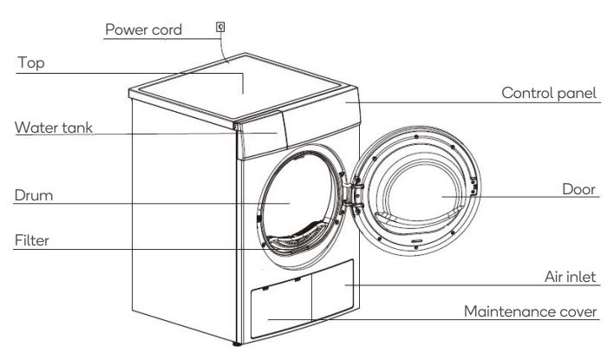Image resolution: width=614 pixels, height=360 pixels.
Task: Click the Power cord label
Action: tap(143, 29)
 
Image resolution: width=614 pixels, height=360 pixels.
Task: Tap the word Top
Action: tap(30, 63)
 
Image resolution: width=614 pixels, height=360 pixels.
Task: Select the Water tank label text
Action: tap(53, 128)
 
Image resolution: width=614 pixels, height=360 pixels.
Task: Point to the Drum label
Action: tap(33, 195)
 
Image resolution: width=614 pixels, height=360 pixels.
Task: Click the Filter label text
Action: tap(31, 240)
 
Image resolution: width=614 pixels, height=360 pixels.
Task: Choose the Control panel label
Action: tap(549, 93)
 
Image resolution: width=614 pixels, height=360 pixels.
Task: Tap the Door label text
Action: tap(578, 189)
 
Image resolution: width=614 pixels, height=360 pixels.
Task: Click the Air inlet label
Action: tap(568, 277)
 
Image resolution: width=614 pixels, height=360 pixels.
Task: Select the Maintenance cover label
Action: tap(530, 311)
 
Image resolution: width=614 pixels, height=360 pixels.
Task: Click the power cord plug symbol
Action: tap(221, 28)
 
